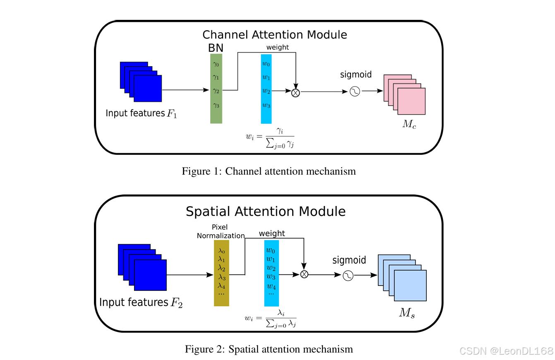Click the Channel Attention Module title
(x=274, y=34)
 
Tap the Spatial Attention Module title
(x=265, y=211)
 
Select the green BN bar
(x=216, y=89)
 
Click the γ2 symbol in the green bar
(x=216, y=90)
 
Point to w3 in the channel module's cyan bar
(x=266, y=105)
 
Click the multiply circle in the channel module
(x=296, y=93)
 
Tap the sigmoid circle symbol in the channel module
(x=355, y=91)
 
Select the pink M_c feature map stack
(x=405, y=94)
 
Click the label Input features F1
(x=141, y=113)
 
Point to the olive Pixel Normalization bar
(x=221, y=273)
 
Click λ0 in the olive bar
(x=221, y=251)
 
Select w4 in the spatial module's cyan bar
(x=271, y=286)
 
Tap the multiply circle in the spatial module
(x=304, y=274)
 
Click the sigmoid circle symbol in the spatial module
(x=348, y=275)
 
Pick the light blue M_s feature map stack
(x=402, y=277)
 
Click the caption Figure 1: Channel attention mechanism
(x=269, y=171)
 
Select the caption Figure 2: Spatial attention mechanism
(x=269, y=349)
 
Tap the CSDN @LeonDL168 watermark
(x=506, y=351)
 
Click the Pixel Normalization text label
(x=221, y=231)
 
